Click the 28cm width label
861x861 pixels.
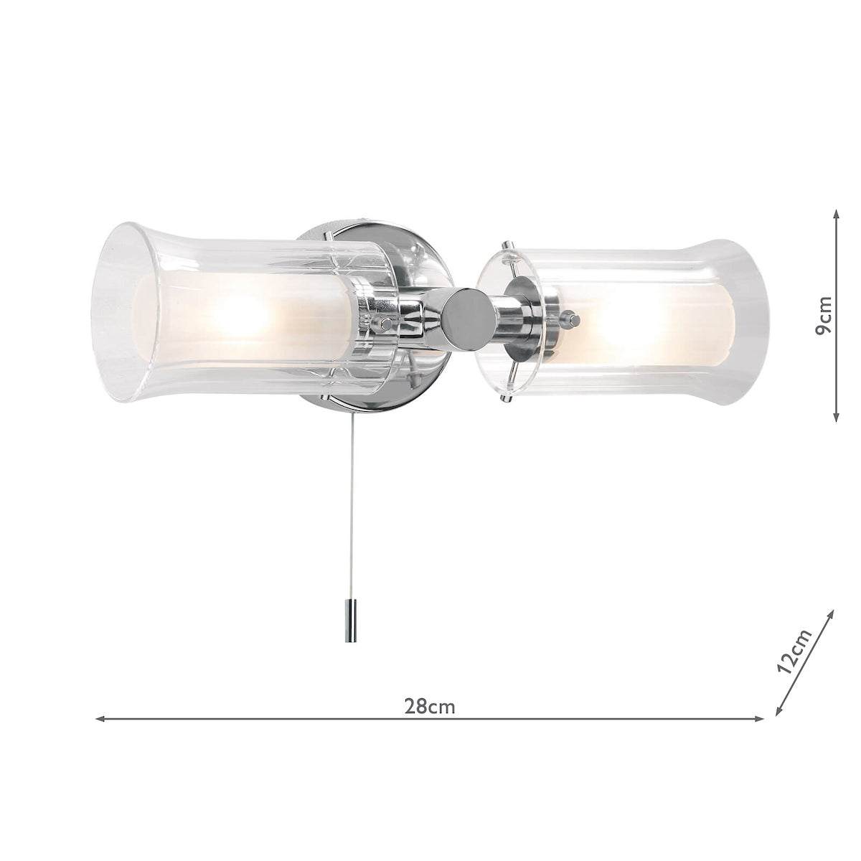tap(430, 706)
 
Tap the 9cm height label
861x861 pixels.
tap(825, 316)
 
